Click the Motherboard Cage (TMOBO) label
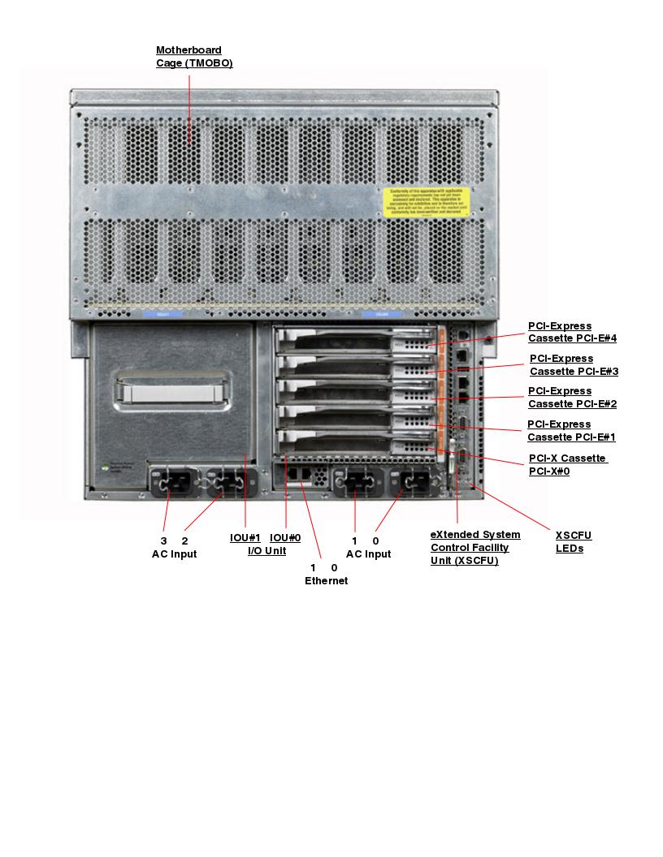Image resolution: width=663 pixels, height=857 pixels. tap(194, 57)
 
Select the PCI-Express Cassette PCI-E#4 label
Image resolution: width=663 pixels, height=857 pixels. tap(572, 333)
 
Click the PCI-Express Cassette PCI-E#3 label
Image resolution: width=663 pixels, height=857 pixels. tap(574, 365)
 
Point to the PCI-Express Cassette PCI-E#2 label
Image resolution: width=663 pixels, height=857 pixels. tap(572, 398)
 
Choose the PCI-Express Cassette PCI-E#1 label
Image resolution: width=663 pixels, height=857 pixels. tap(571, 431)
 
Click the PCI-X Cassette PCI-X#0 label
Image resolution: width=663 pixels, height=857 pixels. tap(567, 464)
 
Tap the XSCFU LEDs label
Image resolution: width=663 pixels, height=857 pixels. tap(574, 542)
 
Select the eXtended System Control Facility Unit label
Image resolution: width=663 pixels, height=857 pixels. tap(475, 548)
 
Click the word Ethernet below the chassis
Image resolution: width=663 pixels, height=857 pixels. tap(326, 581)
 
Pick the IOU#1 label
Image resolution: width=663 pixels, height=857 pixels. tap(245, 537)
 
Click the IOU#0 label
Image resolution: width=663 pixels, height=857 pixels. tap(285, 537)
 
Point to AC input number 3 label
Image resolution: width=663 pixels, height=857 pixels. tap(163, 540)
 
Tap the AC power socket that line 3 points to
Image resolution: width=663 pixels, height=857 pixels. tap(173, 484)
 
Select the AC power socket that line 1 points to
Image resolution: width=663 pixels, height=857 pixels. tap(356, 484)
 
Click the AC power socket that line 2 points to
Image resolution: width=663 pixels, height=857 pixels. tap(227, 484)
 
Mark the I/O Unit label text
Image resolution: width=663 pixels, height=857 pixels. tap(266, 551)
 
